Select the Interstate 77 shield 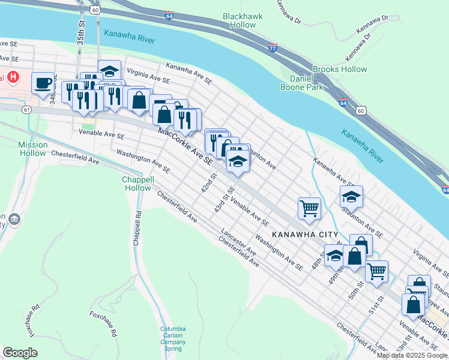click(273, 48)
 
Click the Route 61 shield click(26, 110)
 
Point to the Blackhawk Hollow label click(238, 21)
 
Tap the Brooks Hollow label click(340, 69)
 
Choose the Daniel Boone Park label click(302, 83)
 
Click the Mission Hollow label click(32, 149)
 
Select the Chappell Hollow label click(137, 184)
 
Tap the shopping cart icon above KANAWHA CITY click(309, 208)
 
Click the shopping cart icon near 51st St click(377, 270)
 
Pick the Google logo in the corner click(19, 353)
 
